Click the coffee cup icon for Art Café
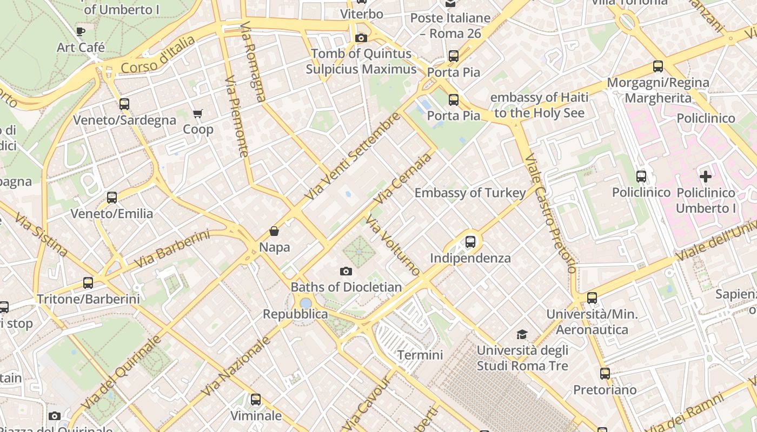pyautogui.click(x=81, y=31)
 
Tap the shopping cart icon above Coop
pyautogui.click(x=198, y=113)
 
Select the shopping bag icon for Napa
pyautogui.click(x=275, y=231)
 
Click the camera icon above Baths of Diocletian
pyautogui.click(x=346, y=271)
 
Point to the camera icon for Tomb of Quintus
pyautogui.click(x=361, y=38)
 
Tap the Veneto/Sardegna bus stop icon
pyautogui.click(x=124, y=104)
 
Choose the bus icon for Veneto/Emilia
pyautogui.click(x=112, y=198)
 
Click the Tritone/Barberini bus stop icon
pyautogui.click(x=88, y=282)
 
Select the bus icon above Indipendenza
pyautogui.click(x=470, y=242)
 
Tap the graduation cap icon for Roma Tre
pyautogui.click(x=522, y=334)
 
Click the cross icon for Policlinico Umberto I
pyautogui.click(x=706, y=177)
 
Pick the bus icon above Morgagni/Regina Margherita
pyautogui.click(x=658, y=66)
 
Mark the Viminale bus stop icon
pyautogui.click(x=256, y=400)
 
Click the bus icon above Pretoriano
pyautogui.click(x=605, y=374)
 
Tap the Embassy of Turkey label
pyautogui.click(x=470, y=193)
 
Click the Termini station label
pyautogui.click(x=420, y=355)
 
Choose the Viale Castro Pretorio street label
pyautogui.click(x=550, y=213)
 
